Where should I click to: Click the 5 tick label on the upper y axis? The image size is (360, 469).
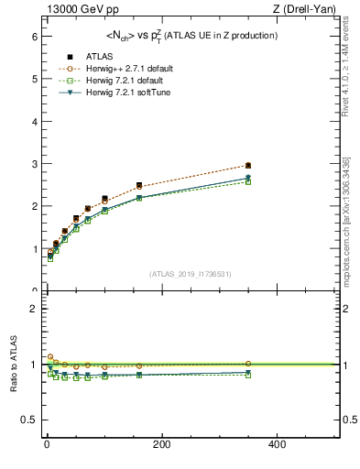pyautogui.click(x=33, y=79)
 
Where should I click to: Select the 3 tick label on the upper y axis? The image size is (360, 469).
pyautogui.click(x=33, y=164)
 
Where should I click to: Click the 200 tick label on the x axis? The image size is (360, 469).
pyautogui.click(x=162, y=444)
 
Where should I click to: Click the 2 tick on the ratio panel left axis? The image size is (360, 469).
pyautogui.click(x=33, y=309)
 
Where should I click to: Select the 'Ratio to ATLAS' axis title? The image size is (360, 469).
pyautogui.click(x=11, y=364)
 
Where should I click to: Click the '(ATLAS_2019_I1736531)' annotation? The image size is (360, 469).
pyautogui.click(x=190, y=273)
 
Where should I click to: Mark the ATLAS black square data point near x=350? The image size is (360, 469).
pyautogui.click(x=248, y=166)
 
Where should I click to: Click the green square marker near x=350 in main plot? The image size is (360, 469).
pyautogui.click(x=248, y=181)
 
